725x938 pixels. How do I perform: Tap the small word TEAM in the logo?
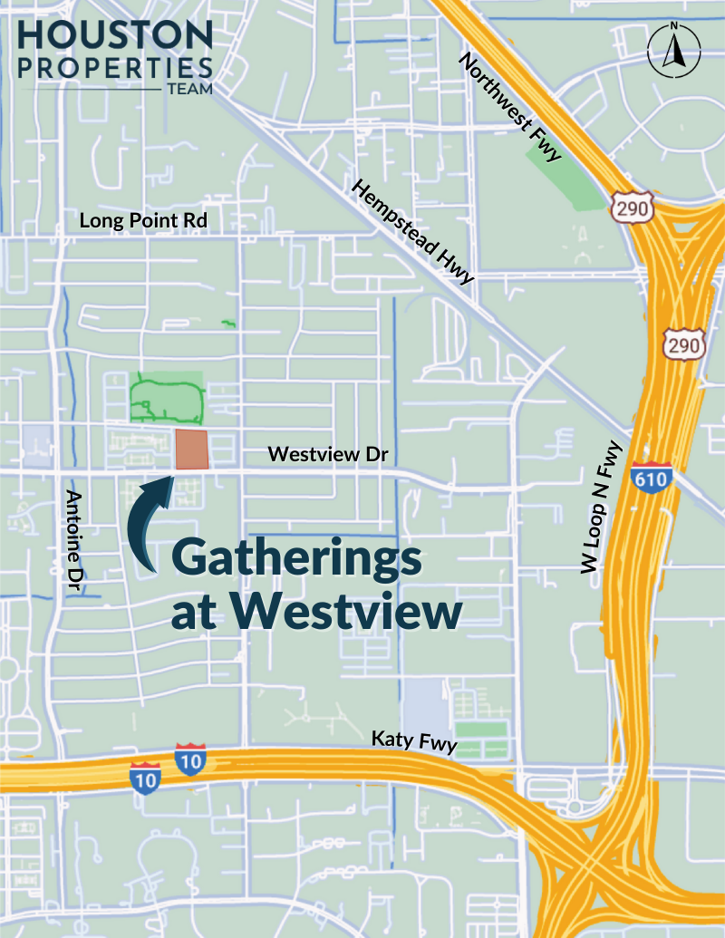(189, 90)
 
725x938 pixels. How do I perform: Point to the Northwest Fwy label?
(509, 108)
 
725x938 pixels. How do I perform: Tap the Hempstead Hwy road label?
(412, 232)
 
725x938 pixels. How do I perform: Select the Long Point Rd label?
(143, 220)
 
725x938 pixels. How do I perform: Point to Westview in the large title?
(347, 612)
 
